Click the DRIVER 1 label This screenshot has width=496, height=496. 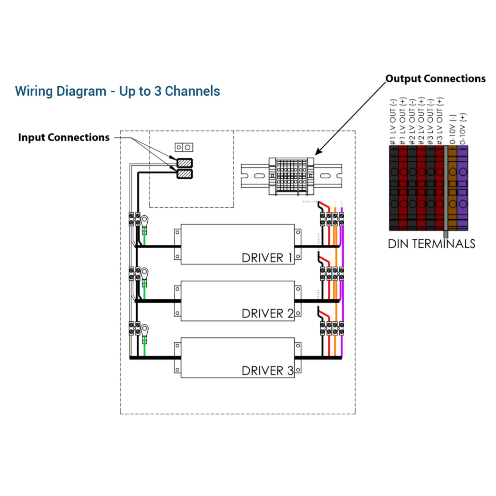click(267, 258)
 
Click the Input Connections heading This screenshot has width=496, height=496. click(64, 137)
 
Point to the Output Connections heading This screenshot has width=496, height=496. click(435, 79)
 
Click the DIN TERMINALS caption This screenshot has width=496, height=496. click(431, 244)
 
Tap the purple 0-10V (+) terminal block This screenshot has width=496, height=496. click(462, 187)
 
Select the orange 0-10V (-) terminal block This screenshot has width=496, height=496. click(452, 187)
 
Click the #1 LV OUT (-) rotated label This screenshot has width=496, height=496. click(393, 122)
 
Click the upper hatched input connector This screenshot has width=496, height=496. click(185, 163)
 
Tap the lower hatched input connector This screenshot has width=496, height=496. click(185, 174)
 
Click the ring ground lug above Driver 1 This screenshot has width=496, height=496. click(145, 220)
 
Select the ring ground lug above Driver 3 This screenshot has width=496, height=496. click(145, 329)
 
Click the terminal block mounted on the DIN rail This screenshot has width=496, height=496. click(291, 176)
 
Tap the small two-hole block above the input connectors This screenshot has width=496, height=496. click(184, 147)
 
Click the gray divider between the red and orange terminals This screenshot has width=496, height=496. click(446, 190)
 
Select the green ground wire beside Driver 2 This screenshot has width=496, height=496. click(144, 291)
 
